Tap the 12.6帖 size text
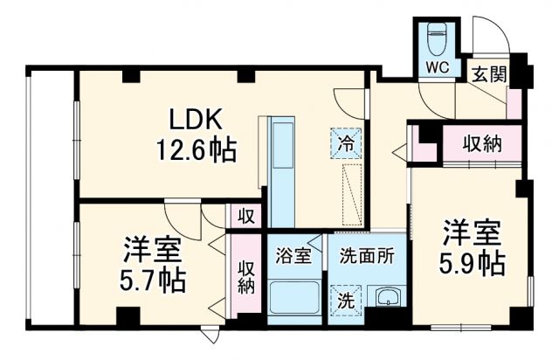(196, 151)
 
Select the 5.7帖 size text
(153, 280)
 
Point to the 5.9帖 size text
(474, 262)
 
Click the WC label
(438, 67)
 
